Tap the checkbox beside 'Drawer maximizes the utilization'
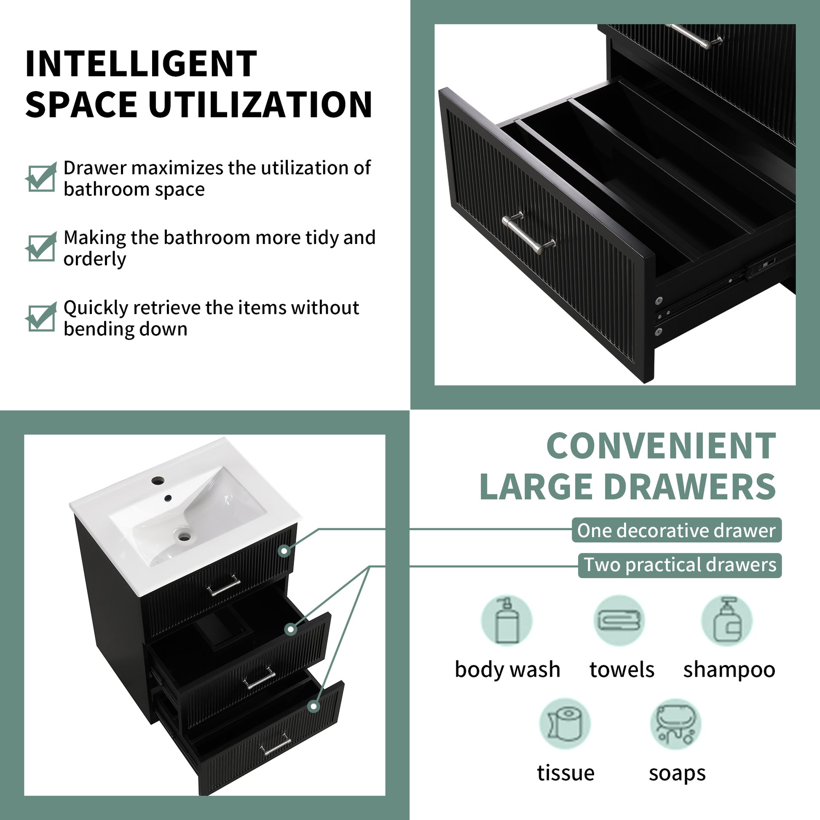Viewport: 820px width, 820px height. click(x=41, y=178)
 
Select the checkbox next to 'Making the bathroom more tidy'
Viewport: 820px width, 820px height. click(x=41, y=248)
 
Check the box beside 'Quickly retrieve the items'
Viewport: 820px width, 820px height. click(x=41, y=318)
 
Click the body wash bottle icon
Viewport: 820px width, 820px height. click(x=507, y=621)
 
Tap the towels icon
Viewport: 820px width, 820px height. click(x=619, y=621)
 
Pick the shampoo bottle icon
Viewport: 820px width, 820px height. click(x=726, y=621)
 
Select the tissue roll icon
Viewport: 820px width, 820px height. click(x=565, y=724)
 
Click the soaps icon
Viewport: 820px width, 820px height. click(x=676, y=724)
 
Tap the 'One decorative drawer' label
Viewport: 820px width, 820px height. click(x=676, y=531)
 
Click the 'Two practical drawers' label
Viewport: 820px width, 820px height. click(x=680, y=565)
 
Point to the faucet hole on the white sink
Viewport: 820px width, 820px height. click(x=158, y=481)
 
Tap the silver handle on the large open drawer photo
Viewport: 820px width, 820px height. click(x=528, y=234)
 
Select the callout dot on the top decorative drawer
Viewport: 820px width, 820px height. click(x=284, y=551)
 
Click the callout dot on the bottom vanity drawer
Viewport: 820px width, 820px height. click(x=314, y=706)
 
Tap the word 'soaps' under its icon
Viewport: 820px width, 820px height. click(x=677, y=773)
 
